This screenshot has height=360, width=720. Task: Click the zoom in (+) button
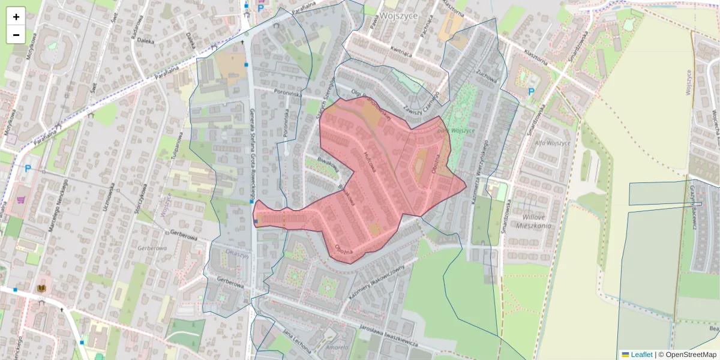point(16,17)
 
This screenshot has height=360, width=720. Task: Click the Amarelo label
point(337,347)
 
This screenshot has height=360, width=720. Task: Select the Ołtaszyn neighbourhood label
point(237,254)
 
